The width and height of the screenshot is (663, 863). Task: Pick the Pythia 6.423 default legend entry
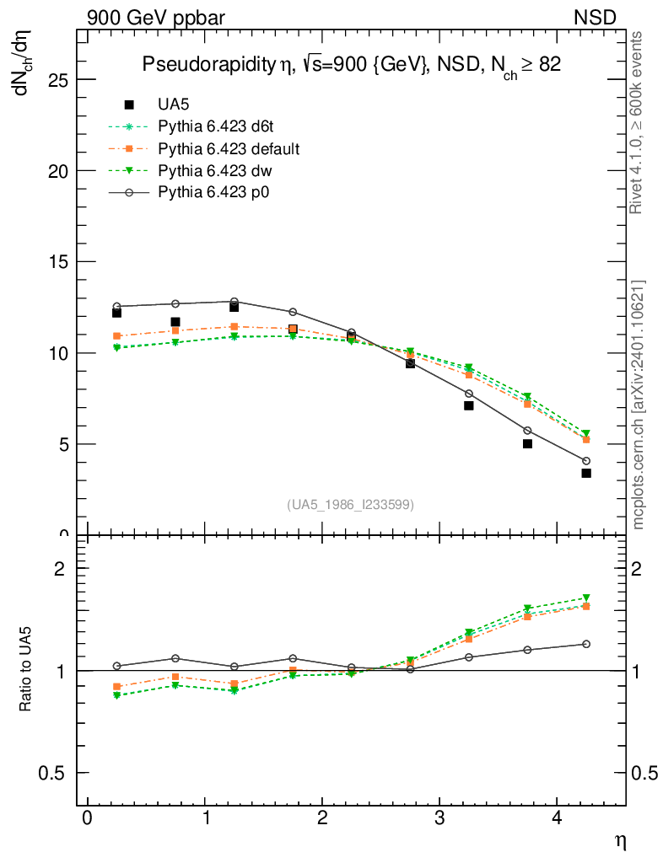tap(229, 148)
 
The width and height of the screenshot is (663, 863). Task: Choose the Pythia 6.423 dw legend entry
tap(214, 170)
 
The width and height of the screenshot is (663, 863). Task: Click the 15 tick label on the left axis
tap(56, 262)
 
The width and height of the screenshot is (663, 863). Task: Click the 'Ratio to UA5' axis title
tap(25, 670)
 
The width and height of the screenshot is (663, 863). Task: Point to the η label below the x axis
tap(619, 840)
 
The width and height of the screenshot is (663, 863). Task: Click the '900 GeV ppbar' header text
tap(156, 17)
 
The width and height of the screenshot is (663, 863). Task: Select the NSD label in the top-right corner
tap(595, 17)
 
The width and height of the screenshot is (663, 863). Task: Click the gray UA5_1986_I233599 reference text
tap(350, 504)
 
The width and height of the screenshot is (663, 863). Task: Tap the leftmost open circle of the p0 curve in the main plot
tap(117, 307)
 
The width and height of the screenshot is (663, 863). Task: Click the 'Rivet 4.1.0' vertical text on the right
tap(638, 122)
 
